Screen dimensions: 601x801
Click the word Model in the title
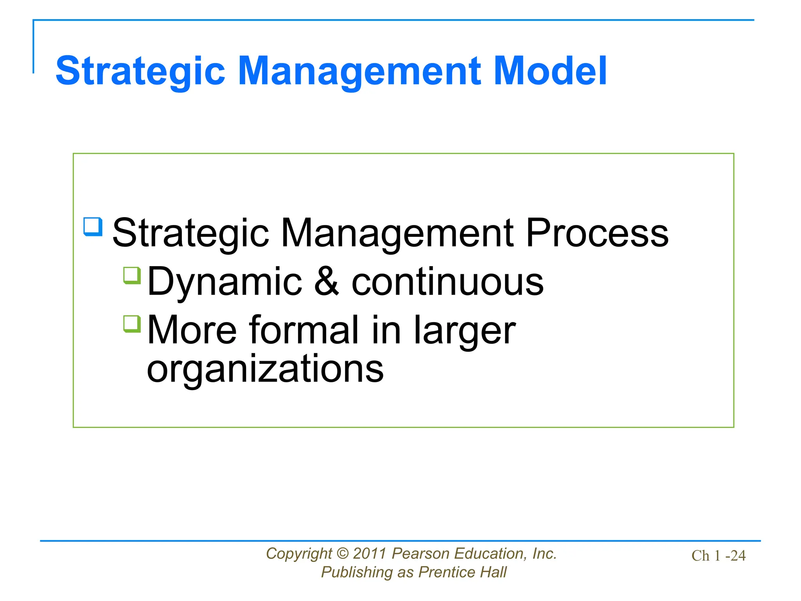coord(550,71)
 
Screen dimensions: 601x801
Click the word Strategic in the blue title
coord(140,71)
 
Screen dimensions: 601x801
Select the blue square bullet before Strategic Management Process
coord(93,227)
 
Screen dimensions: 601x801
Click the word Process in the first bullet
coord(597,233)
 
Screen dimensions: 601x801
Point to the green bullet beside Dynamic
coord(132,275)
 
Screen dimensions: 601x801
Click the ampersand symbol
coord(327,282)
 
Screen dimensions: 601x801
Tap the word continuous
coord(447,282)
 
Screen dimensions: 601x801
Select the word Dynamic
coord(225,282)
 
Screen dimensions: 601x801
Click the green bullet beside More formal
coord(132,324)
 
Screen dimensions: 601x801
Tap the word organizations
coord(265,369)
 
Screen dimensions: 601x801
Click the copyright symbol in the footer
coord(342,554)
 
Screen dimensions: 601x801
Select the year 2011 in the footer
coord(370,554)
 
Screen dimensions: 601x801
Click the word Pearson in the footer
coord(420,554)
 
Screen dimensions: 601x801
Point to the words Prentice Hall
coord(462,572)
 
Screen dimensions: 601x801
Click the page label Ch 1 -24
coord(718,556)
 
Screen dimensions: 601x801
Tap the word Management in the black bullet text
coord(397,233)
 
